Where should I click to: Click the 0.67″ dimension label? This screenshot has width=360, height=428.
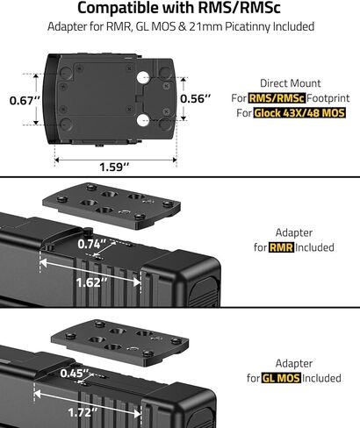25,101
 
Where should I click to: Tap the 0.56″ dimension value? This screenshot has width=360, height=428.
195,99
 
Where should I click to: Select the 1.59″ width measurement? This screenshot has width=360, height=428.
114,167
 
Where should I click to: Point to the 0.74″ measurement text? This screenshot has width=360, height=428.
93,244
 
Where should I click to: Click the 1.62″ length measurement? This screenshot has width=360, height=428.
91,282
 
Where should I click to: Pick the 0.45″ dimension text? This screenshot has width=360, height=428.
75,373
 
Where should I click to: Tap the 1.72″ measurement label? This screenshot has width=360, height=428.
83,412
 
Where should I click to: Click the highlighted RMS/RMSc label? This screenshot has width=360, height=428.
277,98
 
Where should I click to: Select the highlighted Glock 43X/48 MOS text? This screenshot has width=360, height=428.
299,113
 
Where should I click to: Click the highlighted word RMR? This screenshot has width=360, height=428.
281,247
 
